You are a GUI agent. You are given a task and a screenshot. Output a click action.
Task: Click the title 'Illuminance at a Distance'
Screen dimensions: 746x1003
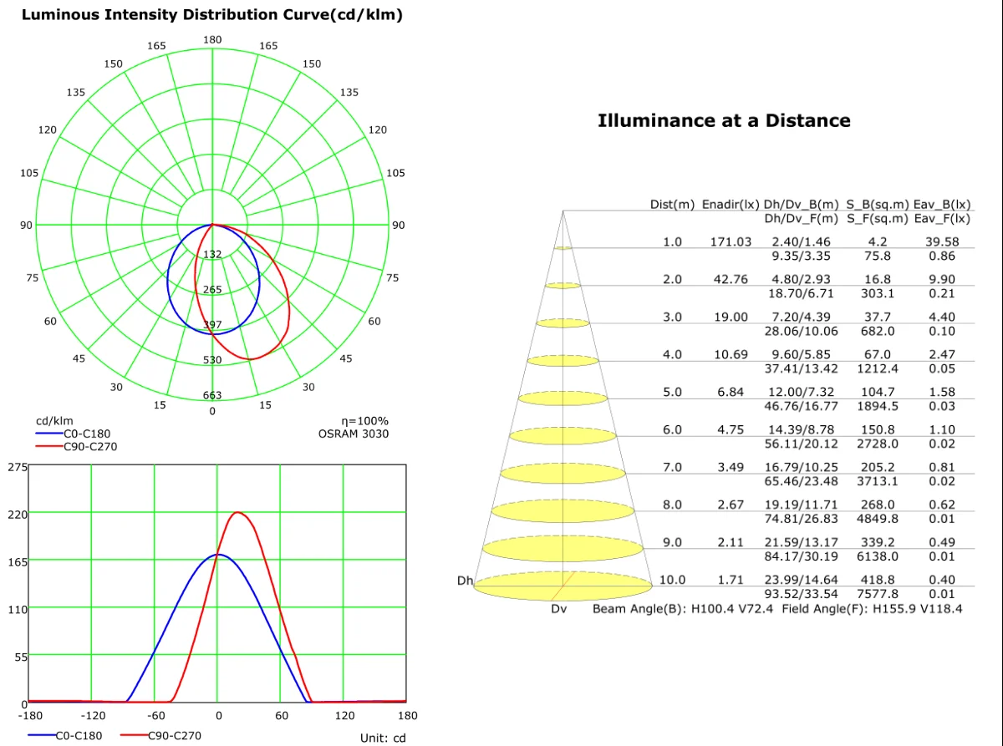[724, 120]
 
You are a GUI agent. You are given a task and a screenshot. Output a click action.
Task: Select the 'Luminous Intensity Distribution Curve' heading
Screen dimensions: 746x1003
[211, 15]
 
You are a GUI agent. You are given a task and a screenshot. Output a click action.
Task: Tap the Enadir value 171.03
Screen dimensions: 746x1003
[731, 241]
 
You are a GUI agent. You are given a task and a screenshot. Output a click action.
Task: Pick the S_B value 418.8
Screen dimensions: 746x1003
[876, 580]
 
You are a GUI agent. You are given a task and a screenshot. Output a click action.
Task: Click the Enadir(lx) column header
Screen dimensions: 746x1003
[731, 205]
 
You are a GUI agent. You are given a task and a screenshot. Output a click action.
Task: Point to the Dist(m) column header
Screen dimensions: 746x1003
[672, 205]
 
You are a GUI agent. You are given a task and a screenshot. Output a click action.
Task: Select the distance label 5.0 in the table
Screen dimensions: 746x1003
[672, 392]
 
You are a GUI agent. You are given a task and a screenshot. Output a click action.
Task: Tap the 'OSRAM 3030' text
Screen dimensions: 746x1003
[353, 434]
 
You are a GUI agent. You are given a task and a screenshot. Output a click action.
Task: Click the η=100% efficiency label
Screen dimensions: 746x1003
[365, 421]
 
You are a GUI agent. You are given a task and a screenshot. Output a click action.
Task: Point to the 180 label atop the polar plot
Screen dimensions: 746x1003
[212, 40]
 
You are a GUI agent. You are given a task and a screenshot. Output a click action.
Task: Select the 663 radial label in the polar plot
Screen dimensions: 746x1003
[212, 395]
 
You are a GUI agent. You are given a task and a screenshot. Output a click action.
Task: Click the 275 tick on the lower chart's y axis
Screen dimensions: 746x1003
[18, 466]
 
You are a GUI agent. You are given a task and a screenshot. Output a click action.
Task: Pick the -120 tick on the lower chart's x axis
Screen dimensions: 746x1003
[92, 715]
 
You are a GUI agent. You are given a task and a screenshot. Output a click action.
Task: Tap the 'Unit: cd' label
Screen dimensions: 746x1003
[383, 738]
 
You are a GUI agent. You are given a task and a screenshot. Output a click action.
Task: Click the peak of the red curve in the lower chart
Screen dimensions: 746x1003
[238, 512]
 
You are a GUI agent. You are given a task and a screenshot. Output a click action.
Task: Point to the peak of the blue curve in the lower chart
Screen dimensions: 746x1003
[218, 554]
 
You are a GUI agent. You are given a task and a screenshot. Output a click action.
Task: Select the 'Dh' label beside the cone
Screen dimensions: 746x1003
[465, 580]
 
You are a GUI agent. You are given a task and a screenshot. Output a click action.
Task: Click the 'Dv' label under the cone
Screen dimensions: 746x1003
[558, 609]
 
